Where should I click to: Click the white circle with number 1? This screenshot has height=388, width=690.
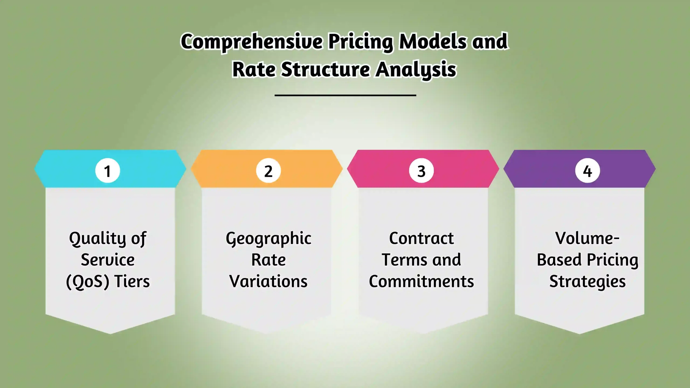point(108,171)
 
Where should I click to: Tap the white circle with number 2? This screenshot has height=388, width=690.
point(268,171)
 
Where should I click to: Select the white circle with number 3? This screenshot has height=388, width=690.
point(421,171)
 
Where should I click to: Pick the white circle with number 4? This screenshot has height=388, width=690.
point(588,171)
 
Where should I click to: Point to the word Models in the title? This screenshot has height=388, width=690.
point(433,42)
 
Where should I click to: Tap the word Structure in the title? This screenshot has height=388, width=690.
point(326,70)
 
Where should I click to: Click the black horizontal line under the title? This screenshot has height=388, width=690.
point(345,95)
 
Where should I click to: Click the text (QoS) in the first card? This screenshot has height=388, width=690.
point(88,282)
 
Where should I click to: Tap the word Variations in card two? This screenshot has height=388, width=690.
point(268,281)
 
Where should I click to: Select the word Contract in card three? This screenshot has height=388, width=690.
point(421,238)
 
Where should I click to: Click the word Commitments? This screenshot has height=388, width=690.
point(421,281)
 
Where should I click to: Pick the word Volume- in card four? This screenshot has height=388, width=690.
point(587,238)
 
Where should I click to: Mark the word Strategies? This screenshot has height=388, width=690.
point(588,282)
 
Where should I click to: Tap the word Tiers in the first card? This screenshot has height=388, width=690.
point(132,281)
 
